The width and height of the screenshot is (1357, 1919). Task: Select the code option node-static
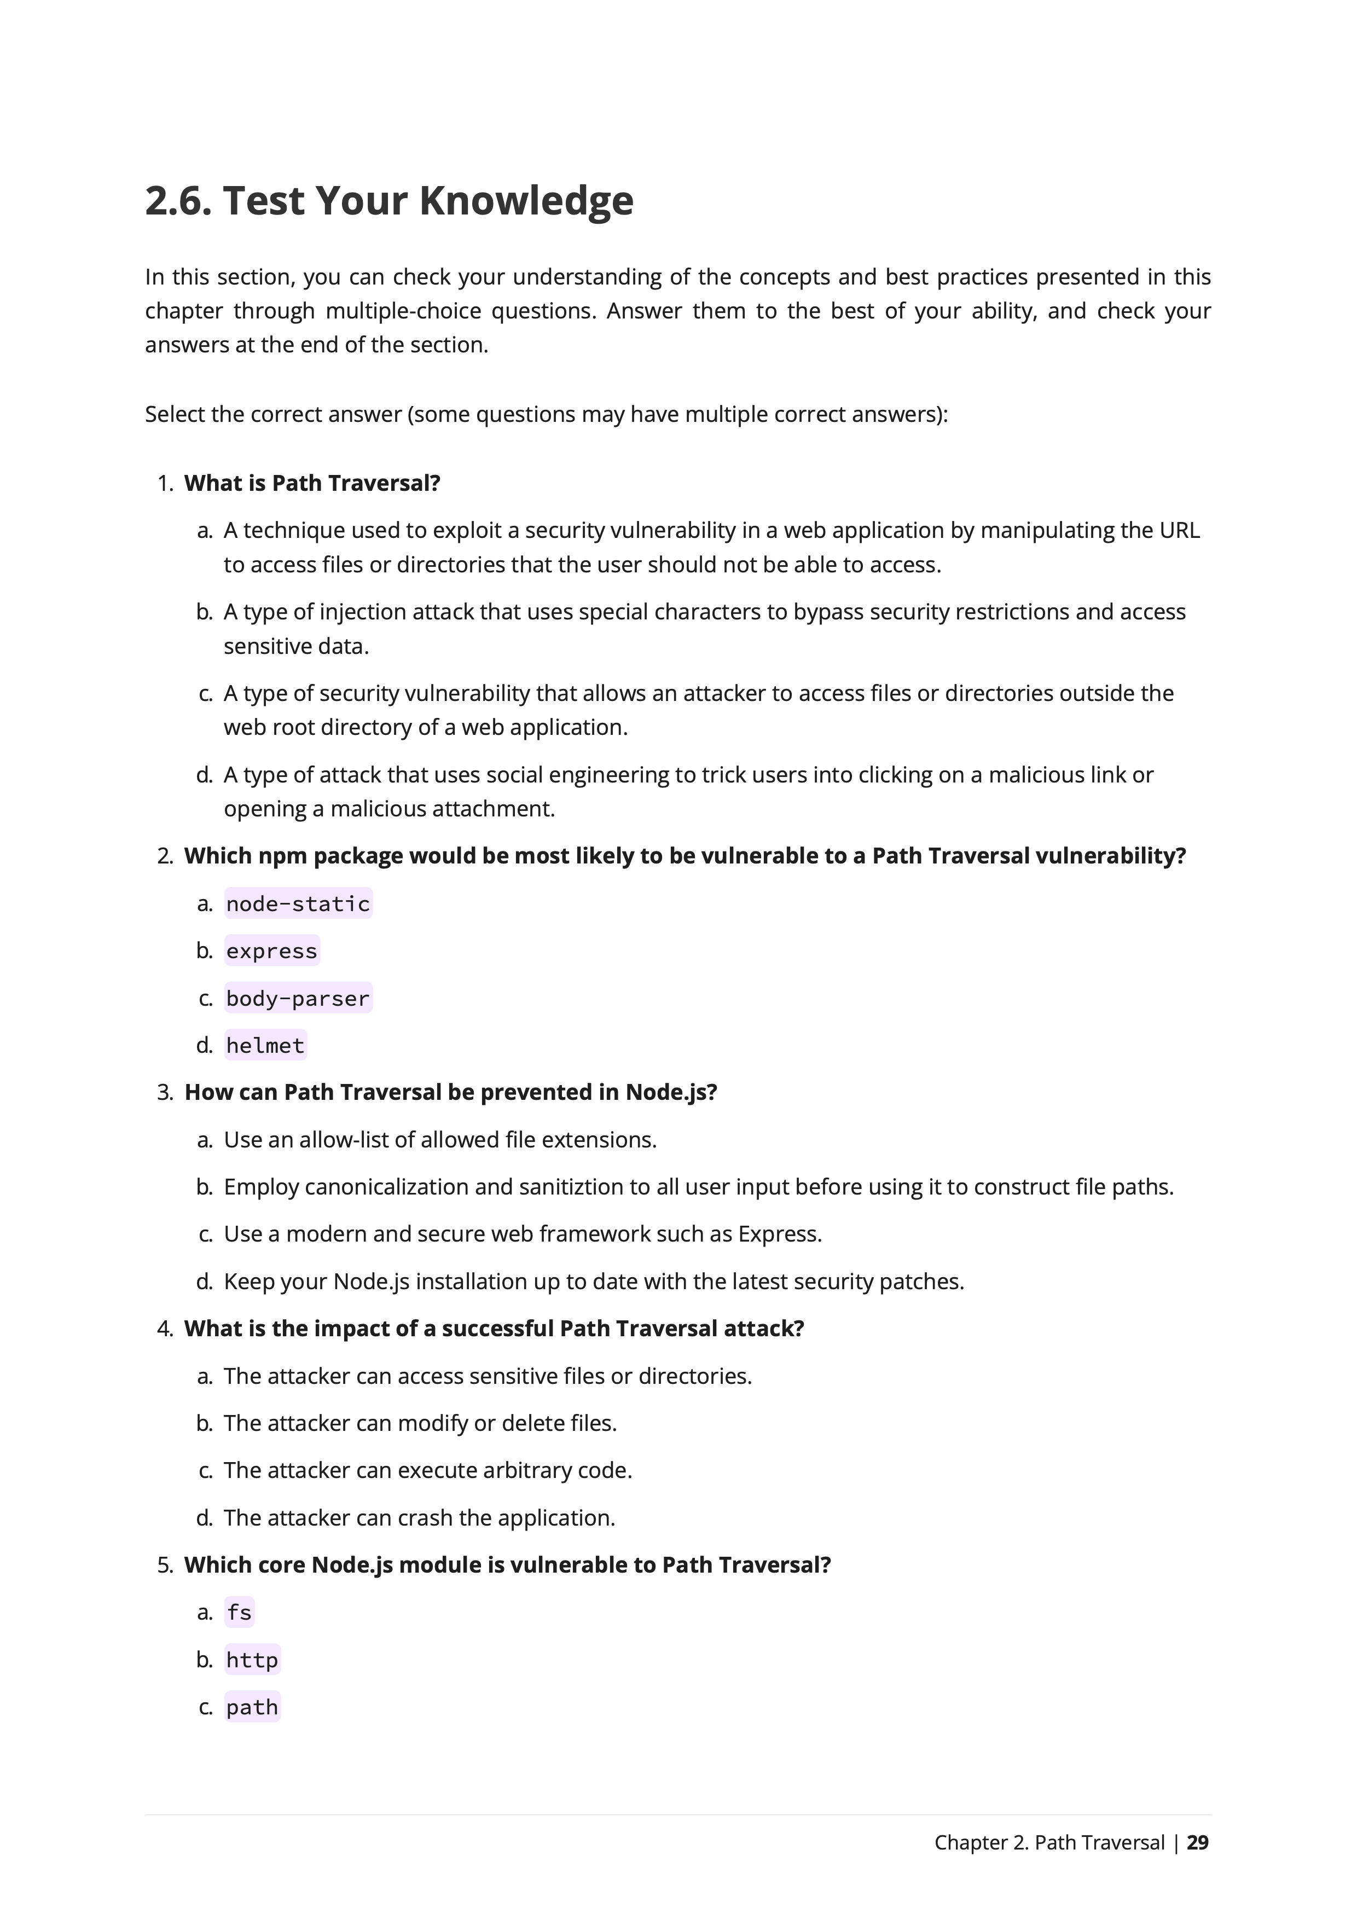pos(298,903)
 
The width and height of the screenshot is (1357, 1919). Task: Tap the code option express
pos(271,951)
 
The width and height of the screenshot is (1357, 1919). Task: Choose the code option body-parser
pos(298,998)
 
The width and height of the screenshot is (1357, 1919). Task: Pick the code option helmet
pos(265,1046)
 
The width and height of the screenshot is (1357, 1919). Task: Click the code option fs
pos(239,1612)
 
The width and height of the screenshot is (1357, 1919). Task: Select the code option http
pos(252,1660)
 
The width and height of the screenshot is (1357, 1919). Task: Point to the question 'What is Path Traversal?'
pos(312,483)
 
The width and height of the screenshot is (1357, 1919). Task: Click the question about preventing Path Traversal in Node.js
pos(450,1092)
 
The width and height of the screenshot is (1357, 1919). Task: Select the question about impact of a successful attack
pos(494,1329)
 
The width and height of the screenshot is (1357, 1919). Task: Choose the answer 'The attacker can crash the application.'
pos(420,1518)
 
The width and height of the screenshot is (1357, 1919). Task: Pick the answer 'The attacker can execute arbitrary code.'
pos(428,1470)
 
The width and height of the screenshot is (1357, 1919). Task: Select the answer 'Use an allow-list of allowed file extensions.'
pos(440,1140)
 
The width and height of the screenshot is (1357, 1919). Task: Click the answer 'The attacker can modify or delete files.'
pos(420,1423)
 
